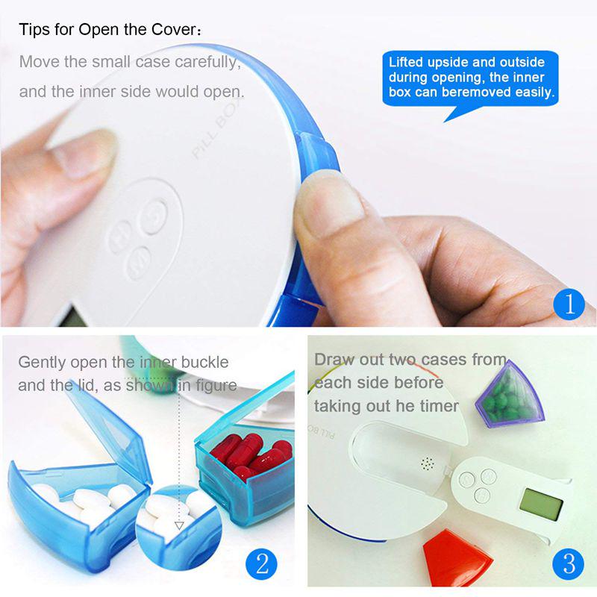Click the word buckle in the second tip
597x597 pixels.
204,363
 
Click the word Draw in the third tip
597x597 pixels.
333,360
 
